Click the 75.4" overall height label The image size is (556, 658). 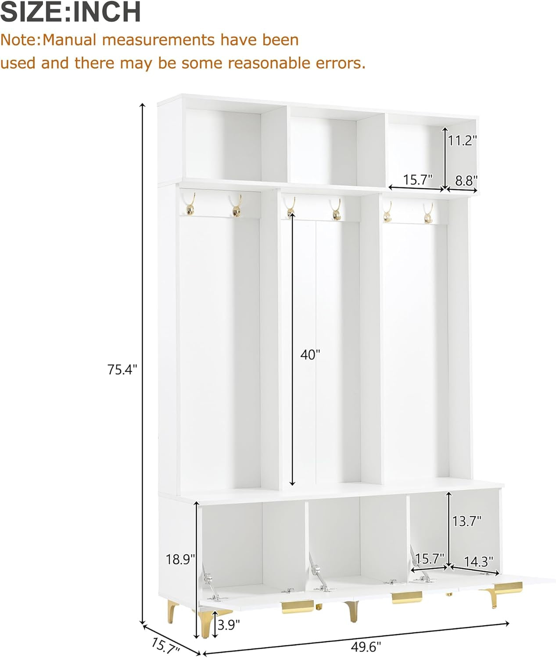122,370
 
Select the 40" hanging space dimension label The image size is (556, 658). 310,355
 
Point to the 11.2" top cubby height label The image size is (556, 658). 463,140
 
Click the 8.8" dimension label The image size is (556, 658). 466,181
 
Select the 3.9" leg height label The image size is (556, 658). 229,625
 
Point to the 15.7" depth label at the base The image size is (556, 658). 166,645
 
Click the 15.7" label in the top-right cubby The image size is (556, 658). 418,180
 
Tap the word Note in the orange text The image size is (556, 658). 20,40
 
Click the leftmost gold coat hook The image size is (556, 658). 190,204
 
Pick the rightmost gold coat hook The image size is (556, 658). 428,213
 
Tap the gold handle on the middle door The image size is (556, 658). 407,597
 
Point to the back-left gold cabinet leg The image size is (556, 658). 172,611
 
